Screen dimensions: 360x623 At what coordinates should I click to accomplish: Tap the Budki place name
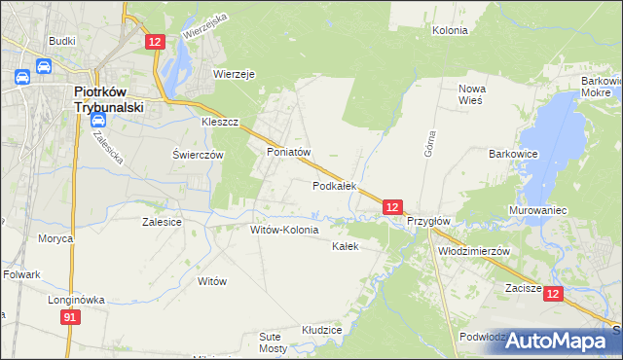pos(62,42)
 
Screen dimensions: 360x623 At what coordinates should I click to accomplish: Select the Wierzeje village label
pos(234,73)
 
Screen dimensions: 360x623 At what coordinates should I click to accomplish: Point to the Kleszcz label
pos(220,124)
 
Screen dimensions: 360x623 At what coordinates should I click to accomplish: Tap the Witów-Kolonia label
pos(284,231)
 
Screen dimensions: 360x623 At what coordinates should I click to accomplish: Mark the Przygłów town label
pos(428,221)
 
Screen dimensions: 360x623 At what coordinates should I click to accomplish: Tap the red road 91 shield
pos(69,318)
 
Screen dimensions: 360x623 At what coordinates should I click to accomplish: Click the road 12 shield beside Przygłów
pos(391,207)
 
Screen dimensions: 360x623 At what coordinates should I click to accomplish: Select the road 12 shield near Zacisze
pos(553,293)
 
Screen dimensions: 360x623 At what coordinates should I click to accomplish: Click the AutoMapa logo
pos(558,341)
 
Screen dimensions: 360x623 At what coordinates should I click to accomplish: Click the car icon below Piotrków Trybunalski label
pos(98,120)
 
